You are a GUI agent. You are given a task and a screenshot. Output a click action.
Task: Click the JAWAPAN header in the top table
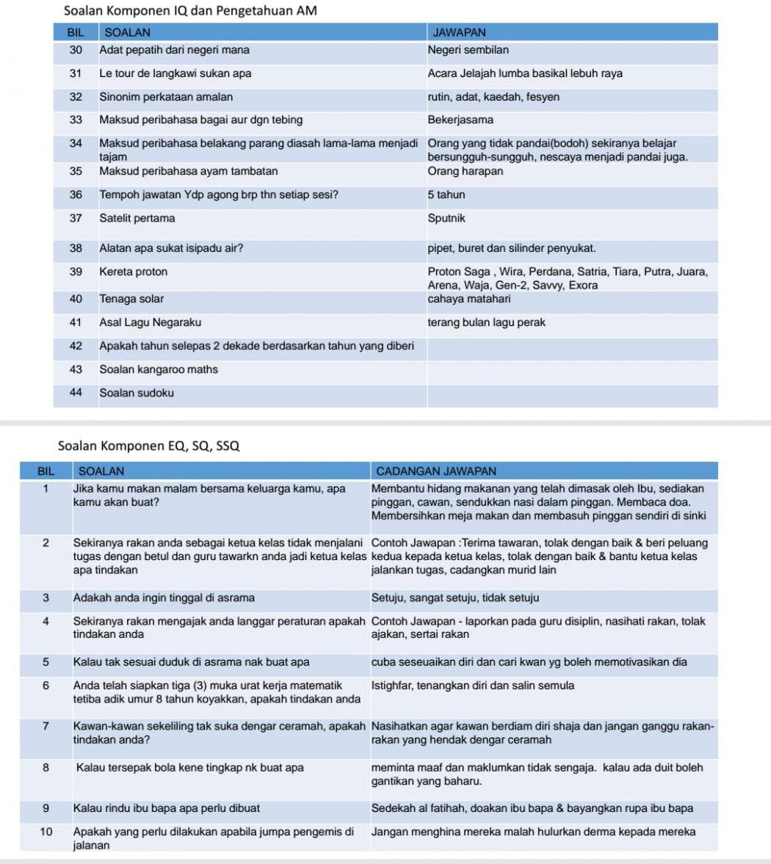[460, 32]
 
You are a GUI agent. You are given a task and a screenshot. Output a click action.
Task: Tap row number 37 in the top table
[76, 218]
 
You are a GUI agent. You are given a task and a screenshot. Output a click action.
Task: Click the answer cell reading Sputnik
[446, 218]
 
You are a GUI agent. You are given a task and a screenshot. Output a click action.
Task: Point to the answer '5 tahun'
[446, 195]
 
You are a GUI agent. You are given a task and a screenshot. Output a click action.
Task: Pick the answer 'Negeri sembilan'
[468, 50]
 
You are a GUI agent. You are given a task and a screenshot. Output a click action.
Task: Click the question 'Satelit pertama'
[137, 218]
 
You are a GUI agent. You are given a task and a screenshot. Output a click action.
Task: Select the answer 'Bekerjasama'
[460, 120]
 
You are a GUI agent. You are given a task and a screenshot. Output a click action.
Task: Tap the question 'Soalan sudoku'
[137, 393]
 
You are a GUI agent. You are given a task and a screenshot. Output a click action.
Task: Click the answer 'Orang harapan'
[466, 171]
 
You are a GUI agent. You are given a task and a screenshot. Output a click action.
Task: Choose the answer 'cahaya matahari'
[469, 299]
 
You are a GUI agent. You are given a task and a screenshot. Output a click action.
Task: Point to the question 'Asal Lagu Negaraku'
[150, 322]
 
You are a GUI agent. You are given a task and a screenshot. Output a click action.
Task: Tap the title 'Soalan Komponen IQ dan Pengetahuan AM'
[190, 11]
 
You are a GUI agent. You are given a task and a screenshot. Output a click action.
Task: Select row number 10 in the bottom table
[46, 832]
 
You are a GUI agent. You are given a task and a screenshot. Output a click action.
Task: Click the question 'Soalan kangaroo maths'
[159, 369]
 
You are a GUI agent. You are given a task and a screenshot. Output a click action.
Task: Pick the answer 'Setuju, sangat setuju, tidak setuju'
[455, 598]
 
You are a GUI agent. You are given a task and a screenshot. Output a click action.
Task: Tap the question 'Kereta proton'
[134, 272]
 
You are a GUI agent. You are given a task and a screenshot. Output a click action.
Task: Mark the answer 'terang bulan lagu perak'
[486, 322]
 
